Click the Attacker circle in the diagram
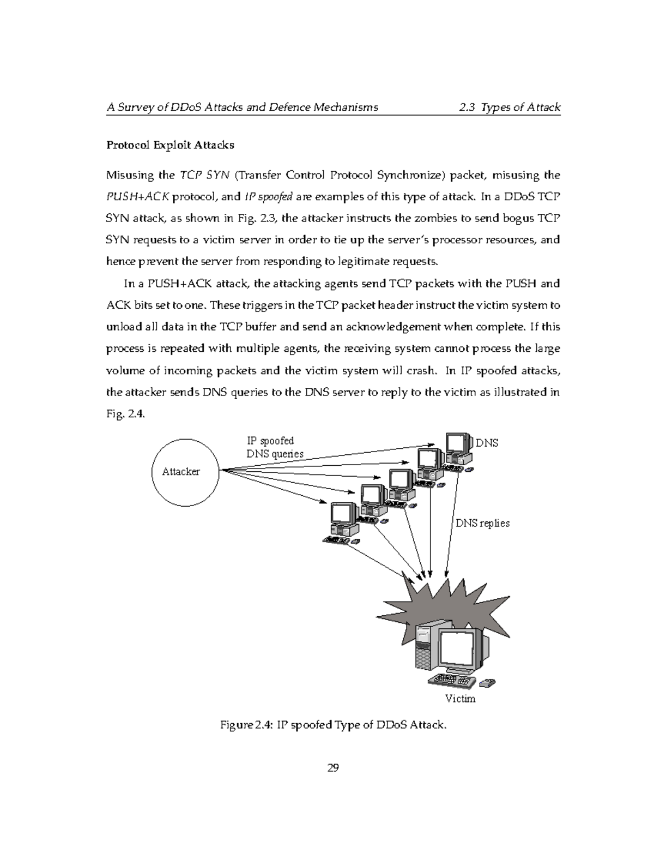click(x=185, y=471)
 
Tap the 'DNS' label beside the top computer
click(x=487, y=443)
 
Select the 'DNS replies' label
click(x=482, y=523)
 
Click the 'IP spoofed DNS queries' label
click(x=275, y=447)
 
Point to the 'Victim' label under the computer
click(x=460, y=699)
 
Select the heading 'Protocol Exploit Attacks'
click(x=170, y=145)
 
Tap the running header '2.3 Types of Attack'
click(x=510, y=107)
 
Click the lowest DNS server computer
click(x=342, y=521)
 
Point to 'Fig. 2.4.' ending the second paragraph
click(x=126, y=414)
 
